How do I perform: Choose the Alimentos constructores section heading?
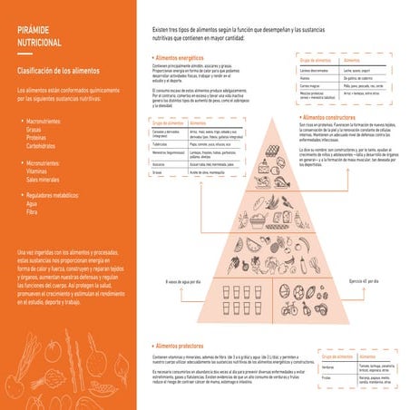point(337,118)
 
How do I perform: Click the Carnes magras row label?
point(307,84)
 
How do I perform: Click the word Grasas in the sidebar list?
point(38,128)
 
